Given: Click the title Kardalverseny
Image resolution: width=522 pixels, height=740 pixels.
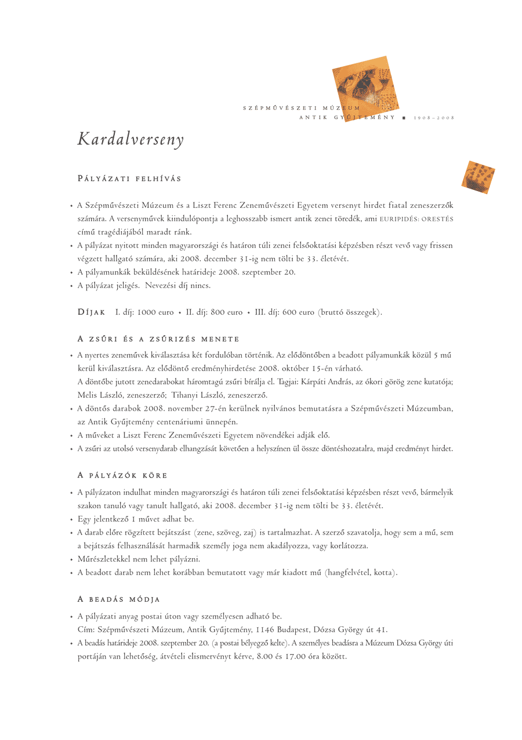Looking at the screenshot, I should [130, 140].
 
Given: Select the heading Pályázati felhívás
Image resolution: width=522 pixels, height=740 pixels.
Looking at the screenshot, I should [129, 179].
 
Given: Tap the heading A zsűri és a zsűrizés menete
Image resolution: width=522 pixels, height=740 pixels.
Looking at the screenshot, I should [158, 339].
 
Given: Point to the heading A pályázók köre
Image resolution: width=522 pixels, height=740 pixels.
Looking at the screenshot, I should [122, 476].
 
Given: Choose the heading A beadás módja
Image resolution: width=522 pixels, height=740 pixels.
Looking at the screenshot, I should [118, 599].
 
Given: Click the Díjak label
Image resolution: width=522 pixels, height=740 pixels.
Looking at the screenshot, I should [91, 312].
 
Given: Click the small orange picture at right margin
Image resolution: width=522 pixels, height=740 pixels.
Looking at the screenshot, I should [478, 177].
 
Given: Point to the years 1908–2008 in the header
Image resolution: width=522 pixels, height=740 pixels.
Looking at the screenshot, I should [434, 118].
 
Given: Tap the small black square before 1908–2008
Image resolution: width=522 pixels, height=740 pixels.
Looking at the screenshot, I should [403, 118].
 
